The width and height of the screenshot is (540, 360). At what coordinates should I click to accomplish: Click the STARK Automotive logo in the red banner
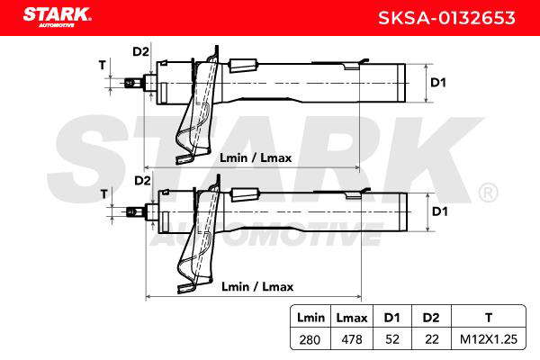tap(58, 17)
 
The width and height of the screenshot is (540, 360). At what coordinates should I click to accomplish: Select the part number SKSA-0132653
tap(446, 18)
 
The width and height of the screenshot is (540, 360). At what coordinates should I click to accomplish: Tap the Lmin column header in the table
tap(310, 318)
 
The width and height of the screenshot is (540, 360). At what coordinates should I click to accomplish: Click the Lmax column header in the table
tap(352, 318)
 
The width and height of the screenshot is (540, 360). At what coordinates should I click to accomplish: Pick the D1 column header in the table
tap(391, 318)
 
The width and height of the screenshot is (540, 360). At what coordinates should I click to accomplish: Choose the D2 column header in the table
tap(431, 318)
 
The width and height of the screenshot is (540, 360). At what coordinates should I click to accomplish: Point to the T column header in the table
tap(489, 318)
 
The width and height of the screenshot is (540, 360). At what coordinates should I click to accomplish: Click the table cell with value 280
tap(310, 339)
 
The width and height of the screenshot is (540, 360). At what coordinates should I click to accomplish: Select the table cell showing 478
tap(352, 339)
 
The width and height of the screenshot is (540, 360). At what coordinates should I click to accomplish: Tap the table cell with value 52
tap(392, 339)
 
